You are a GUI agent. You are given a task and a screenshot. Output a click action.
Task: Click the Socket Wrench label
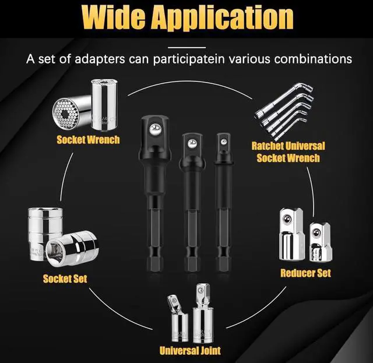88,140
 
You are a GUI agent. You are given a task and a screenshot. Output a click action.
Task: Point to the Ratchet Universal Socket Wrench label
287,151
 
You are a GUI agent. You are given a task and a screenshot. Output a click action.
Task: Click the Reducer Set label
305,273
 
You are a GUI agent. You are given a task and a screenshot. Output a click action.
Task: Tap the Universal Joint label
190,350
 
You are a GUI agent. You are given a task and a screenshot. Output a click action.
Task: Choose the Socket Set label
65,279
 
